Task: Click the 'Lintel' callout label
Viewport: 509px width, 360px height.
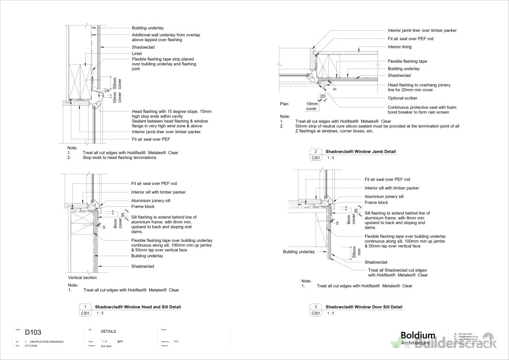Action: coord(137,54)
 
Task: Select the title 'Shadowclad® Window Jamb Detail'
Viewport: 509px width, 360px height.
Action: coord(361,151)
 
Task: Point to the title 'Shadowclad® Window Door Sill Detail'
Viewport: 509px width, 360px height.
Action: coord(364,307)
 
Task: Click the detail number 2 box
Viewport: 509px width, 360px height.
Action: coord(316,151)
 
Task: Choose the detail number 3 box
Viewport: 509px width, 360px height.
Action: coord(316,307)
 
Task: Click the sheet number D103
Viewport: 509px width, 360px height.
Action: coord(33,332)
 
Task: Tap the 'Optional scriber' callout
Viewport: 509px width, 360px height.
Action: coord(403,98)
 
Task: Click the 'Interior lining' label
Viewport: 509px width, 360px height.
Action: coord(399,47)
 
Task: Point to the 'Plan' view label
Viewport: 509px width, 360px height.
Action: coord(285,103)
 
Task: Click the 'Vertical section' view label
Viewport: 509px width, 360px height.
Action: coord(82,278)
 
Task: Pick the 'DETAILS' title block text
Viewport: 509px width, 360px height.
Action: coord(108,331)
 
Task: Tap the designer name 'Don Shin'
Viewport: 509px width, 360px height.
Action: coord(107,345)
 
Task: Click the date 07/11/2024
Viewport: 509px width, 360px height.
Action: coord(32,345)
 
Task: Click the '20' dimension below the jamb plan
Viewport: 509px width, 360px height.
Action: coord(323,96)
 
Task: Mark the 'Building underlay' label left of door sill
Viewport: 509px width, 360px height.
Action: coord(299,252)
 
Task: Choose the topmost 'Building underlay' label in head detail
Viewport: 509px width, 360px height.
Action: coord(147,28)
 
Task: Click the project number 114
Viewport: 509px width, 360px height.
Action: coord(176,341)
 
